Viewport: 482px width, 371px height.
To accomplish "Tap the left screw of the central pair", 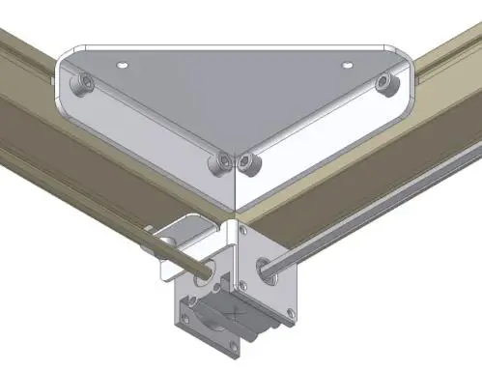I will tap(223, 159).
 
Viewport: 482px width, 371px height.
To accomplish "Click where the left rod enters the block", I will tap(206, 271).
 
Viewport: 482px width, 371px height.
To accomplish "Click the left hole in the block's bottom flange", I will tap(184, 311).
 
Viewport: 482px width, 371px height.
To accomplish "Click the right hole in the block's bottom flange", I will tap(288, 312).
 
